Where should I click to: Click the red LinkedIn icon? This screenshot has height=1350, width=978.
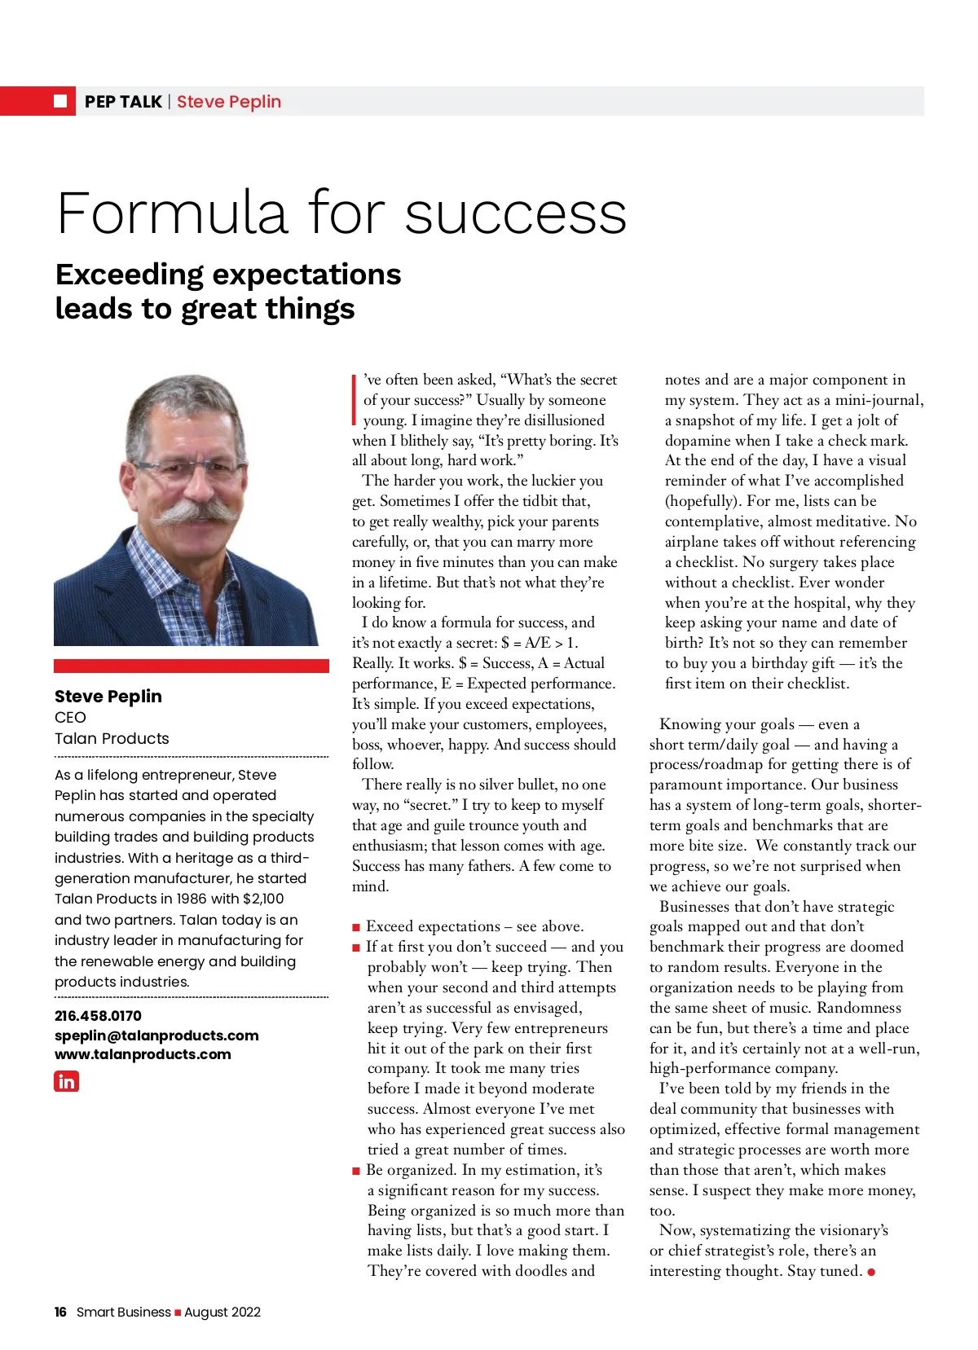(66, 1081)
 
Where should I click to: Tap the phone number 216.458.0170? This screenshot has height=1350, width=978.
(98, 1016)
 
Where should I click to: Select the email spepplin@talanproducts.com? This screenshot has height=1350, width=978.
(156, 1036)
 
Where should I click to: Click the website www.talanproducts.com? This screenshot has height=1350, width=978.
(143, 1054)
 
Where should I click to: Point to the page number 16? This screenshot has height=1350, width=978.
(60, 1312)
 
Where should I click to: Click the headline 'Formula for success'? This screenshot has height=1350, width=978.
(341, 213)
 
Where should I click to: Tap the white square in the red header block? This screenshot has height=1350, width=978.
(60, 101)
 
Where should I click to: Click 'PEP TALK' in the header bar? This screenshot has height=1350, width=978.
(123, 102)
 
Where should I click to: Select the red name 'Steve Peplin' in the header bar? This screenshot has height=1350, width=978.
(229, 102)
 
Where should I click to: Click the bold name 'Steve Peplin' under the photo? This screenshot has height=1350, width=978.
(108, 697)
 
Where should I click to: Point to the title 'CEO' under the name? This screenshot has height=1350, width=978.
(70, 718)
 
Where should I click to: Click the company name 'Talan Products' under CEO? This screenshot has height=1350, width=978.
(112, 739)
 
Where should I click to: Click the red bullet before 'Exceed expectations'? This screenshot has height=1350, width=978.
(356, 927)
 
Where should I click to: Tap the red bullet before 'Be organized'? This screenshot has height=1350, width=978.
(356, 1171)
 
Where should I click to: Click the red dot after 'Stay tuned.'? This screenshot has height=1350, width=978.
(871, 1272)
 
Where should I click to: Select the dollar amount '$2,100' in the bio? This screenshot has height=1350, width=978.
(263, 899)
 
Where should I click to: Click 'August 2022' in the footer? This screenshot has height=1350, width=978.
(222, 1312)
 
